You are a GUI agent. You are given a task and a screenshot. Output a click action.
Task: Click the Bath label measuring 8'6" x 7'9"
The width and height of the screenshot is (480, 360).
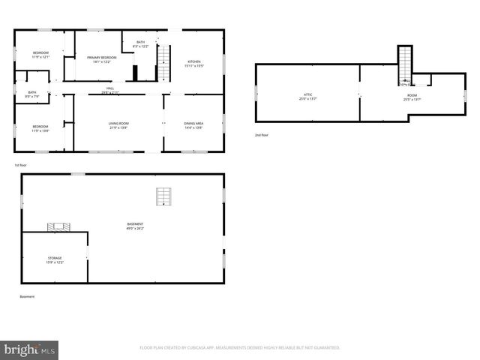click(x=32, y=94)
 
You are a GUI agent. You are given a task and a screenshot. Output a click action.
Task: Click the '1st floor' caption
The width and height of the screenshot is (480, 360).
click(x=21, y=165)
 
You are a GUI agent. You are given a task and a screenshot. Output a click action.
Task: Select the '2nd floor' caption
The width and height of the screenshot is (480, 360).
click(x=261, y=135)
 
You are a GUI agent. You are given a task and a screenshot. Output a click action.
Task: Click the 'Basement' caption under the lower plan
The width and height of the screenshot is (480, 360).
click(x=27, y=297)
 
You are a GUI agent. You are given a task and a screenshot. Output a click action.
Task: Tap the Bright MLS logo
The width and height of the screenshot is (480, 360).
click(x=29, y=349)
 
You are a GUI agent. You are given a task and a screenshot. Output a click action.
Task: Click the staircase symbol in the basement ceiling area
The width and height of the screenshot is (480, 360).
click(x=163, y=196)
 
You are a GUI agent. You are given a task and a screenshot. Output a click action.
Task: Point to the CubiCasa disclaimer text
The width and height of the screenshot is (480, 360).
click(x=240, y=348)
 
